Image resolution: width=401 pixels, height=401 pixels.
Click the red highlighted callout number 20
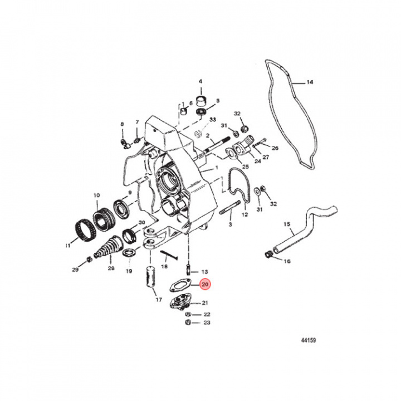[x=205, y=285]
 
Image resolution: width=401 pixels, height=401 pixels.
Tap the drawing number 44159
[x=309, y=340]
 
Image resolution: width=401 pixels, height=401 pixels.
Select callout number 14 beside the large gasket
[x=310, y=82]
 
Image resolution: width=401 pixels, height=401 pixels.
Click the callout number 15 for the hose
[x=287, y=224]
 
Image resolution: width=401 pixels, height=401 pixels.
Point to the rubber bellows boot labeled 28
[x=107, y=247]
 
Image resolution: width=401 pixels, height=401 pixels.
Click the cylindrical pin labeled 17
[x=150, y=278]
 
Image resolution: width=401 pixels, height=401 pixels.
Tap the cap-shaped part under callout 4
[x=200, y=100]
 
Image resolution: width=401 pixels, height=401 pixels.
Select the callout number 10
[x=96, y=195]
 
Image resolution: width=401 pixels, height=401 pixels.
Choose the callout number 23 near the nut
[x=207, y=322]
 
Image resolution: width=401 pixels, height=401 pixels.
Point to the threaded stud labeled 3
[x=230, y=207]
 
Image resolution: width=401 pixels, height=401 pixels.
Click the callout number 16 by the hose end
[x=287, y=261]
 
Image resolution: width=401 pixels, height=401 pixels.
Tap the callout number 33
[x=213, y=119]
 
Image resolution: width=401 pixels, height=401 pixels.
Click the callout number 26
[x=275, y=148]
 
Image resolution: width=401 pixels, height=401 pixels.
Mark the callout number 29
[x=75, y=270]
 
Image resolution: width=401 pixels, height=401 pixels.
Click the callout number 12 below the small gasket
[x=244, y=214]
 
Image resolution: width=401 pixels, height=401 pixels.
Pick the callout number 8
[x=122, y=124]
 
